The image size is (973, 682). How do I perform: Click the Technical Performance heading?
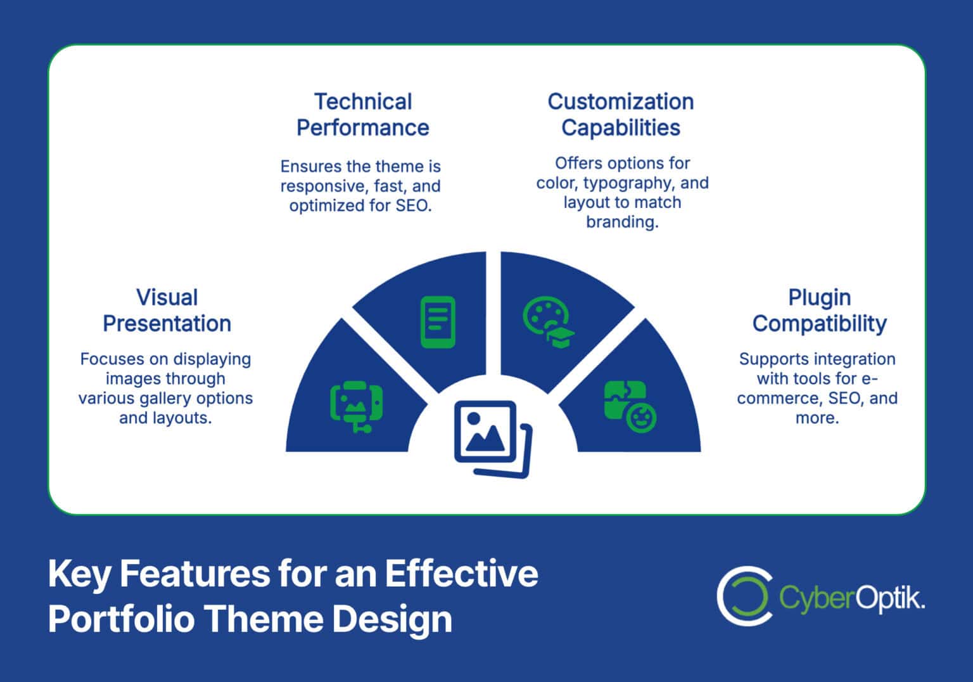pos(362,115)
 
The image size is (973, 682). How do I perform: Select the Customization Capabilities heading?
pos(620,115)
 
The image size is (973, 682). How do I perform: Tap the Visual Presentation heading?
pos(167,311)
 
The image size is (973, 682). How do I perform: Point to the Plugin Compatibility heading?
pos(819,311)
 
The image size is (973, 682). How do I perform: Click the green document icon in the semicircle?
pos(438,322)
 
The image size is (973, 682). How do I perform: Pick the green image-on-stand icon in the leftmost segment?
pos(356,406)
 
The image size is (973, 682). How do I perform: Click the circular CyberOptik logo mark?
pos(744,596)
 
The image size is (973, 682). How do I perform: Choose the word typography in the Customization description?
pos(630,183)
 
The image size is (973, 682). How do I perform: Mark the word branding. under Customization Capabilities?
pos(622,222)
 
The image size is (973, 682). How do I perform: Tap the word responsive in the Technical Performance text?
pos(319,186)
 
